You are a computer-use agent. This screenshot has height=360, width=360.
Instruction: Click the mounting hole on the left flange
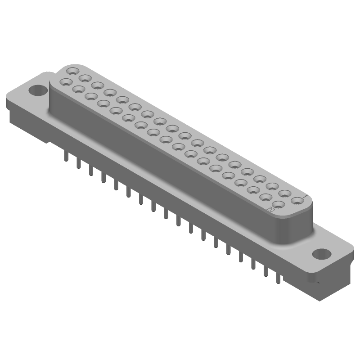click(x=38, y=90)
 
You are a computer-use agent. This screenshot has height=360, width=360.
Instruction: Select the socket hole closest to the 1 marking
click(x=297, y=200)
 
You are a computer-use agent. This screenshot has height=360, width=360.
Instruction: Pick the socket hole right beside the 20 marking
click(x=278, y=205)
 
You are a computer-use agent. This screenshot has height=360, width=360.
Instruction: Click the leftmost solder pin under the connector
click(x=66, y=155)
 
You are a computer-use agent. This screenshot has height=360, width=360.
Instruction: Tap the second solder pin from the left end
click(x=79, y=162)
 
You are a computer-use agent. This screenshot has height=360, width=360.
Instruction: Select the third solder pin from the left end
click(x=91, y=169)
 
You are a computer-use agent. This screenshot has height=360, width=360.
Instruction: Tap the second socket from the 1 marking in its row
click(x=284, y=193)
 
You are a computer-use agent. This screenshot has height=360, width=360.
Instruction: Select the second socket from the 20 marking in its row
click(x=265, y=198)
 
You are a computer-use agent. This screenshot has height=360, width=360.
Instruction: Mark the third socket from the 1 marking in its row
click(x=272, y=185)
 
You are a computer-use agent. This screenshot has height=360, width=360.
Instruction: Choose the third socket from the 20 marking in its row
click(x=253, y=190)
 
